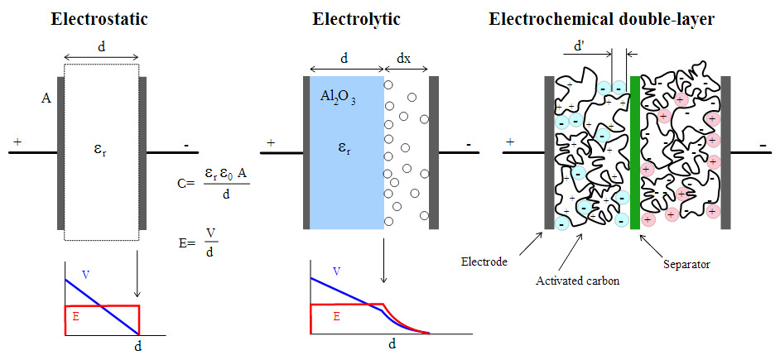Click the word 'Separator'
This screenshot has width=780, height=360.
(x=687, y=265)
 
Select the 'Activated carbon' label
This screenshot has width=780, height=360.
(x=578, y=281)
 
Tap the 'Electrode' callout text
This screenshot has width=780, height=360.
(x=484, y=264)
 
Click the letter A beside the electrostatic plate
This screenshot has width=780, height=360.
(x=46, y=98)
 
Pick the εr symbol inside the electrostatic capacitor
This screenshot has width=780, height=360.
(x=102, y=152)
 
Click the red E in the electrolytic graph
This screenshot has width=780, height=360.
(x=336, y=316)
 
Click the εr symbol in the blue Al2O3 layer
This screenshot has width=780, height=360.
(x=343, y=150)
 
